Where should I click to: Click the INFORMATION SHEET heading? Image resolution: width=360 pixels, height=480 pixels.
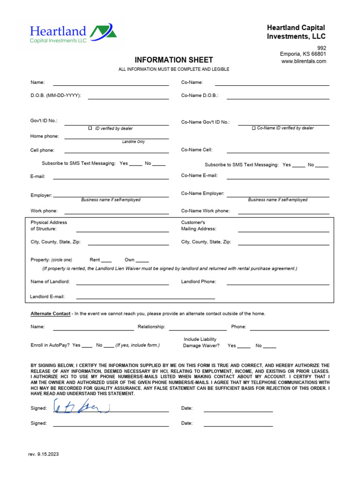(173, 60)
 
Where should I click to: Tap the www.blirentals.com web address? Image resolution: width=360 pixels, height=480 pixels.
(303, 61)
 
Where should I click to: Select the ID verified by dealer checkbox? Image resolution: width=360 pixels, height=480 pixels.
(90, 128)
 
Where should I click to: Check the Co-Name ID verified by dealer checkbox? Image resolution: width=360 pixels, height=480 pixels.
(254, 128)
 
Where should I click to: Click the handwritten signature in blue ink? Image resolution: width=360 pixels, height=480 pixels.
(82, 407)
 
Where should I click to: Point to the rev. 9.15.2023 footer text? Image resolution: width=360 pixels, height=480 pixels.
(45, 454)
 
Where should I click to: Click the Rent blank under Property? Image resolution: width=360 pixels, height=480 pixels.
(106, 260)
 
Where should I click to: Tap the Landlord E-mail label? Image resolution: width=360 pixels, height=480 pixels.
(47, 297)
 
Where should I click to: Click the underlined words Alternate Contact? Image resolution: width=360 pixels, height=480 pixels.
(51, 314)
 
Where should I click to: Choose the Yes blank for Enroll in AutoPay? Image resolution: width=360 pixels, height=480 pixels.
(87, 345)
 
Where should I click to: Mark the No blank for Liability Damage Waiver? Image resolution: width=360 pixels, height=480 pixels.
(270, 346)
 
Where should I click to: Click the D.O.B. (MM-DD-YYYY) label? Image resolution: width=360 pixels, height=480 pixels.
(56, 96)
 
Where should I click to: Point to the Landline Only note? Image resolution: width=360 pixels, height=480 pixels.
(133, 142)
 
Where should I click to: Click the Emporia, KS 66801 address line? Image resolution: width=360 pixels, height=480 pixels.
(303, 54)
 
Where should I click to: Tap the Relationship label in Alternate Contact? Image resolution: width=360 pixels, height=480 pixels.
(151, 327)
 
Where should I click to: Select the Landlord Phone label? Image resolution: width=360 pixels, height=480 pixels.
(199, 282)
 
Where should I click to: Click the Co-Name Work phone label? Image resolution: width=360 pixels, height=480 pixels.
(205, 211)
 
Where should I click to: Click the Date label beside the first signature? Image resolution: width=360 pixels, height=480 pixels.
(187, 408)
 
